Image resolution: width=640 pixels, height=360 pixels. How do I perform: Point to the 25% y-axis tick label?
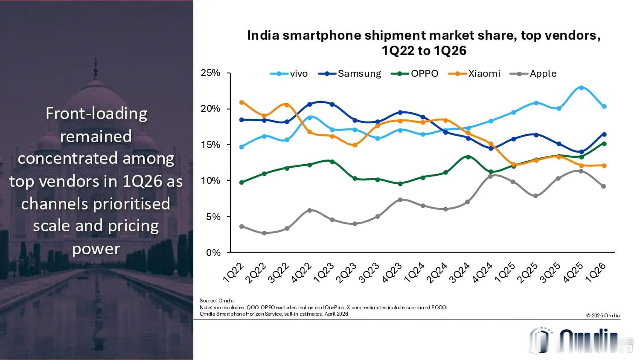click(210, 73)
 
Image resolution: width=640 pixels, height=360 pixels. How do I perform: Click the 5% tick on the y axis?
click(213, 217)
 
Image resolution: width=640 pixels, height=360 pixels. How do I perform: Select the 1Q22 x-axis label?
click(233, 273)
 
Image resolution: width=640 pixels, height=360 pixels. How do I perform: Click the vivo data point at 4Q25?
click(581, 87)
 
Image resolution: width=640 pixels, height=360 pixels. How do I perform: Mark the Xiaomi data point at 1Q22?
click(241, 102)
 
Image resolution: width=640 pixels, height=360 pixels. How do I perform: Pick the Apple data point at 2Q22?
click(264, 233)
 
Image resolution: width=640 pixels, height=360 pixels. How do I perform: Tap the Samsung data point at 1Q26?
click(604, 134)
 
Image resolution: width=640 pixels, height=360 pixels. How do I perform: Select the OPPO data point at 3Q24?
click(468, 157)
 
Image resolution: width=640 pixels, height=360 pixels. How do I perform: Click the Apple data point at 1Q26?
click(604, 186)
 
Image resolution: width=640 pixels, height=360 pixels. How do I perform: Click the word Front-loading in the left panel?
click(96, 114)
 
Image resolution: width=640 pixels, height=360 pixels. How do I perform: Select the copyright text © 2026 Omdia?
click(603, 316)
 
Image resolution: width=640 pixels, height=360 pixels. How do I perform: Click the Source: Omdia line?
click(217, 301)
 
